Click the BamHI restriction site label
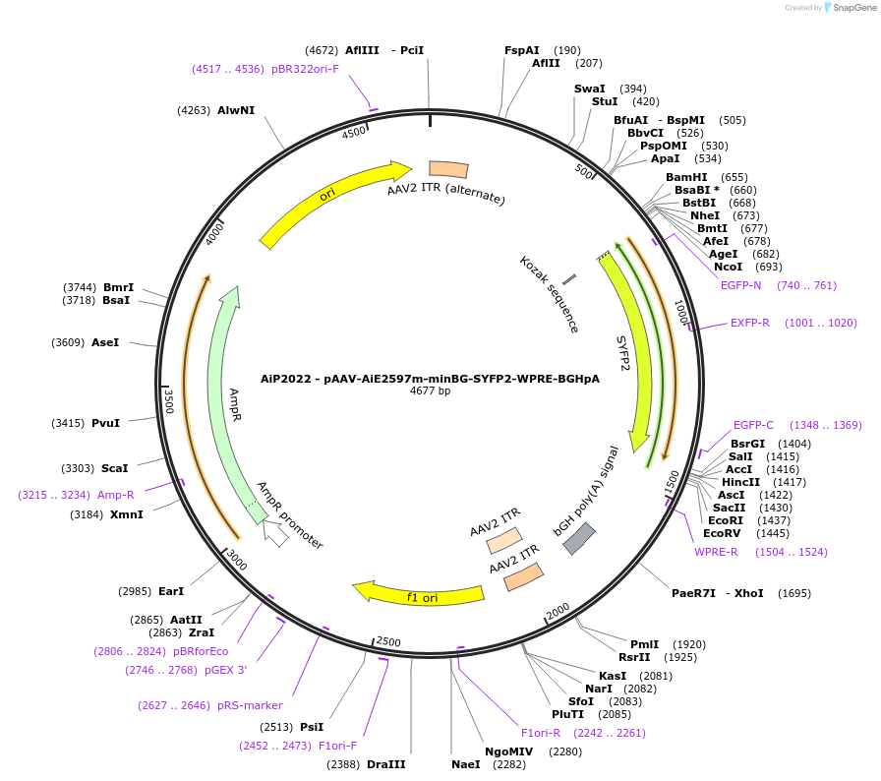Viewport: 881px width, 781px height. click(x=686, y=177)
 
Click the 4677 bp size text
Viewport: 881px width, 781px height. click(x=430, y=390)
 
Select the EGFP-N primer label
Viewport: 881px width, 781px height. click(x=740, y=285)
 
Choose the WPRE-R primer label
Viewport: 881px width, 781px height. click(x=716, y=552)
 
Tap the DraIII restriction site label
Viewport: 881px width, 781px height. click(x=385, y=764)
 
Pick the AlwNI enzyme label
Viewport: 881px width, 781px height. click(x=236, y=110)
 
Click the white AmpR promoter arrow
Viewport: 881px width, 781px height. click(x=276, y=534)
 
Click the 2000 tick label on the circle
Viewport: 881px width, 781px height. click(x=558, y=612)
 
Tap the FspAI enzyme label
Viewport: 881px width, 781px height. click(x=522, y=50)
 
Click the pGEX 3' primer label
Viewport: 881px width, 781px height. click(x=226, y=670)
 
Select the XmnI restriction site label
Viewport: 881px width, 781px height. click(x=126, y=514)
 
